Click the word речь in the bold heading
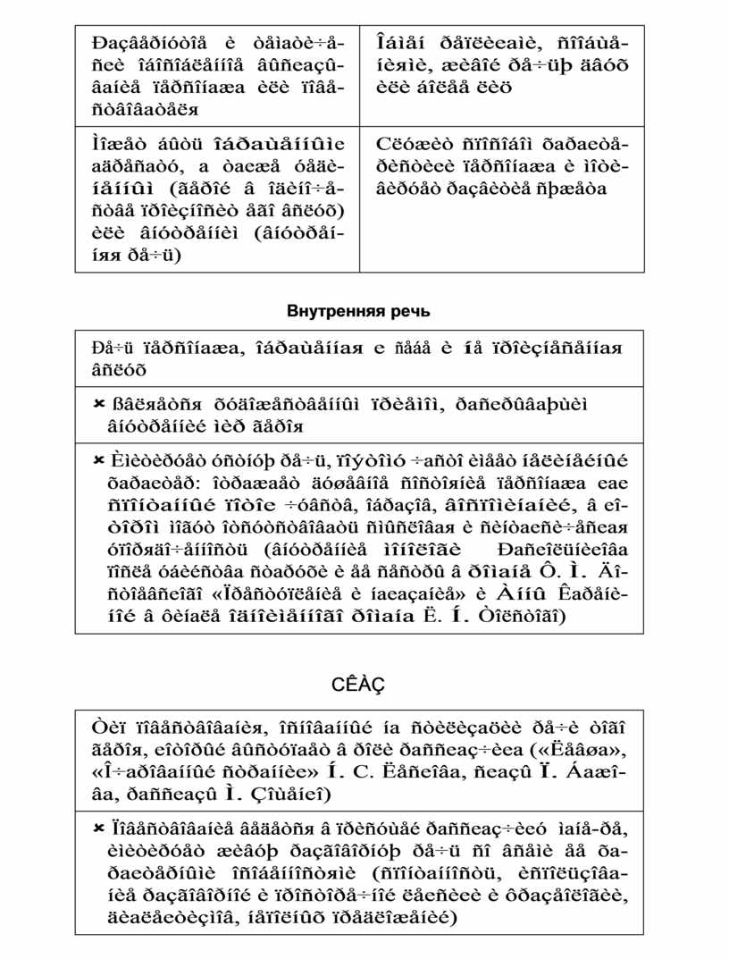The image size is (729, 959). (411, 312)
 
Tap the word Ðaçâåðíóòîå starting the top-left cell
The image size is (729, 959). (148, 44)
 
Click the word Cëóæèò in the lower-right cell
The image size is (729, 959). (404, 145)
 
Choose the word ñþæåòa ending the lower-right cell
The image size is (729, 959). (575, 189)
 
